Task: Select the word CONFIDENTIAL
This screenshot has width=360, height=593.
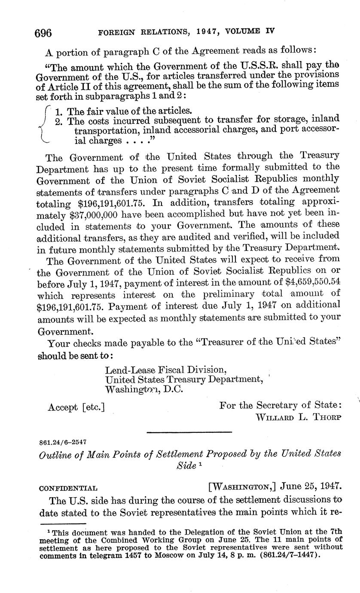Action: coord(68,488)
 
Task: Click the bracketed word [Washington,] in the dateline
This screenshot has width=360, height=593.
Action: coord(241,487)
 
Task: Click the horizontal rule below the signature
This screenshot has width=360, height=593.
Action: coord(189,432)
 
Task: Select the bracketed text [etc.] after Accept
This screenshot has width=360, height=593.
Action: coord(93,407)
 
